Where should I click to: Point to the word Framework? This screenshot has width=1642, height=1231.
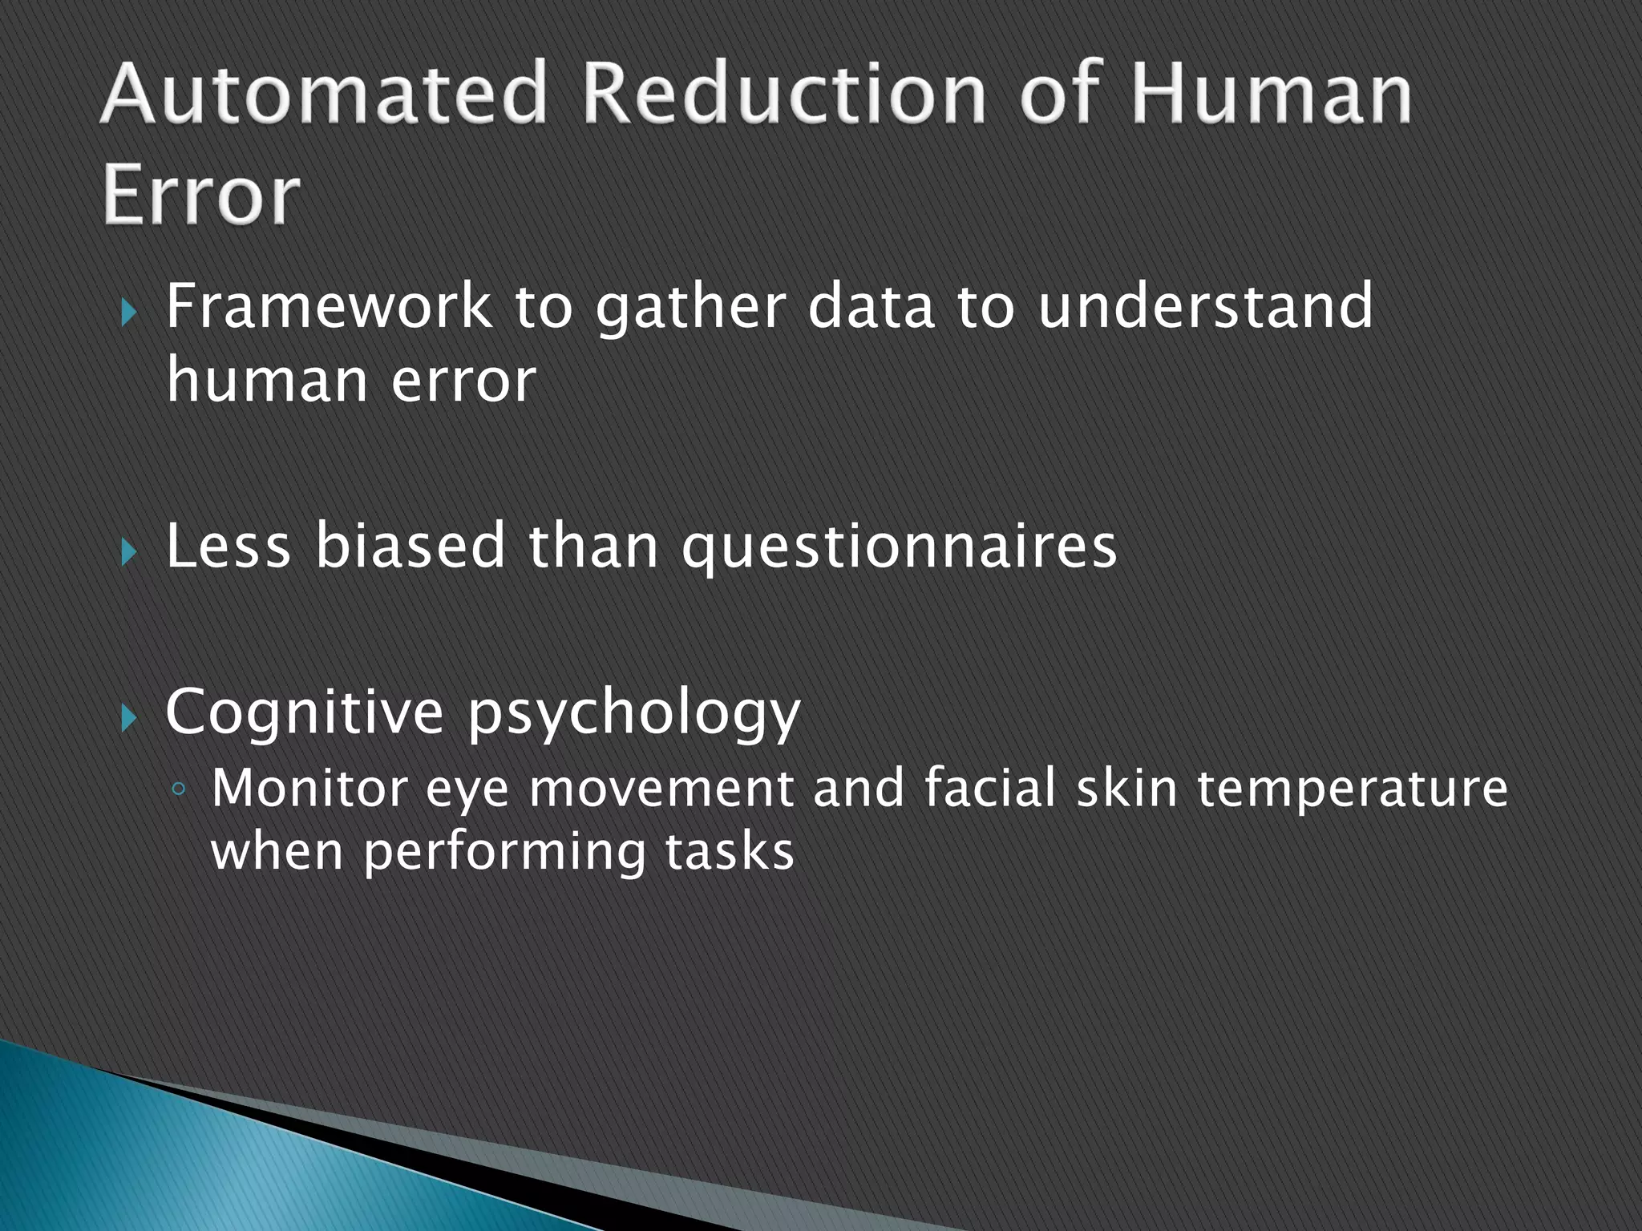tap(328, 307)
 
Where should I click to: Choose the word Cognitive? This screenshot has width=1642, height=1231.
tap(304, 712)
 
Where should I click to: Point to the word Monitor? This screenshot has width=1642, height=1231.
tap(309, 789)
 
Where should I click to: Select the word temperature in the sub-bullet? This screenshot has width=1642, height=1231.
tap(1353, 790)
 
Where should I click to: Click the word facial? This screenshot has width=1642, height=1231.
tap(989, 789)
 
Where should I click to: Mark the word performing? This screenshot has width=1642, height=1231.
tap(504, 853)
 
